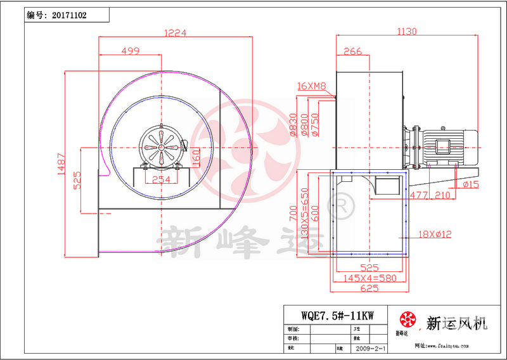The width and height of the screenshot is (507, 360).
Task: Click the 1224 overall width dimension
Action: (176, 33)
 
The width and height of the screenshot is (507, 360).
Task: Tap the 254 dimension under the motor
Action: (162, 179)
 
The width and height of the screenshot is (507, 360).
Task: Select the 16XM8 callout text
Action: (311, 86)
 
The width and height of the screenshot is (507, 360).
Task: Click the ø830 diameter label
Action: (293, 125)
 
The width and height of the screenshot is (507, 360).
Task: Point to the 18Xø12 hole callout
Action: (434, 235)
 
